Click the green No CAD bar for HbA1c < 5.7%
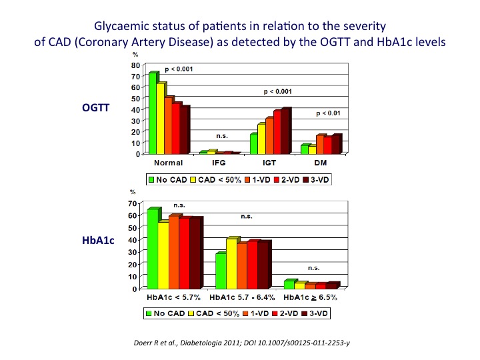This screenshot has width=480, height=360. click(153, 249)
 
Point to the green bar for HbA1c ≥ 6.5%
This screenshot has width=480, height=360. click(288, 285)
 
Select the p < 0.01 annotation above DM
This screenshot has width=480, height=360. click(327, 113)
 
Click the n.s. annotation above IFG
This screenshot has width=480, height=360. click(222, 136)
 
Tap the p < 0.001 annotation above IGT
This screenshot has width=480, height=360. click(279, 91)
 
